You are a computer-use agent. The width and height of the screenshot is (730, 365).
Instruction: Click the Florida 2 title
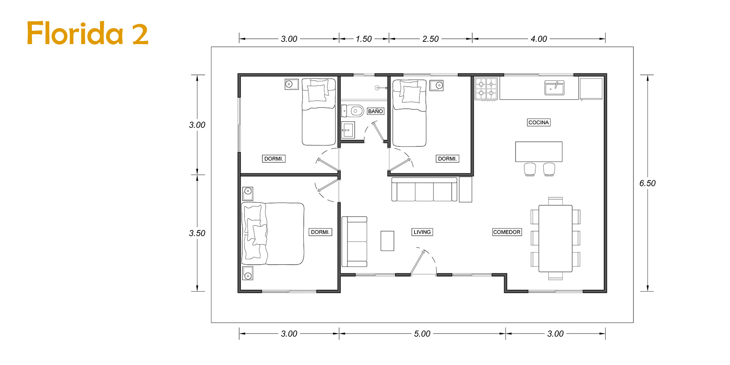[x=87, y=33]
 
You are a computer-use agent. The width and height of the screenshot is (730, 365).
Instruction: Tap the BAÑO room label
[x=375, y=111]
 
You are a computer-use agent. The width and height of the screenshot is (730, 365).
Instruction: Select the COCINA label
[x=539, y=122]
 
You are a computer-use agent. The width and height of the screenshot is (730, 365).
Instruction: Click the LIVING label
[x=422, y=232]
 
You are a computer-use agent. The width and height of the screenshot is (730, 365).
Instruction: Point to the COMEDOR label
[x=507, y=232]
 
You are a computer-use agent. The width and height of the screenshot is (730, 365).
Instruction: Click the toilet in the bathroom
[x=352, y=111]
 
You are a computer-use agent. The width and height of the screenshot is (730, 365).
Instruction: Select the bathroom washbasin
[x=348, y=130]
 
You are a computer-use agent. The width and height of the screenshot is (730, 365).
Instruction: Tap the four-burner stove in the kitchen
[x=486, y=89]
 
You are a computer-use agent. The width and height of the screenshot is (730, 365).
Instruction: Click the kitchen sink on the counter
[x=554, y=88]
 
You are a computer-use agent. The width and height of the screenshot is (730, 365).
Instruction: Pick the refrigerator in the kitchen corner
[x=591, y=89]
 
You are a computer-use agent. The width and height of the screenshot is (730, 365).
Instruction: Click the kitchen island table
[x=539, y=152]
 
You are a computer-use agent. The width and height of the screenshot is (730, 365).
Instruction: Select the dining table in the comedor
[x=555, y=238]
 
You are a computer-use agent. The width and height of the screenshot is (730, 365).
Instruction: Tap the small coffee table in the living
[x=387, y=241]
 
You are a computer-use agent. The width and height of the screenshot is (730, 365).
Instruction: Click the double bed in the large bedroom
[x=273, y=233]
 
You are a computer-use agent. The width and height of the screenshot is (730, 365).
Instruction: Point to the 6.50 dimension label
[x=647, y=183]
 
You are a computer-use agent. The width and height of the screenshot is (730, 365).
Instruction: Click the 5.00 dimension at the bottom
[x=422, y=334]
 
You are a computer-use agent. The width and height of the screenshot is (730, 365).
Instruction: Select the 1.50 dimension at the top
[x=364, y=39]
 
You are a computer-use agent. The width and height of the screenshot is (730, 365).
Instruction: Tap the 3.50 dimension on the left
[x=197, y=233]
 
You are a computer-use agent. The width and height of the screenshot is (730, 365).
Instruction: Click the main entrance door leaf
[x=417, y=262]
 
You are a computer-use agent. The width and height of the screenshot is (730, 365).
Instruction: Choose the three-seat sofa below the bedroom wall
[x=424, y=189]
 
